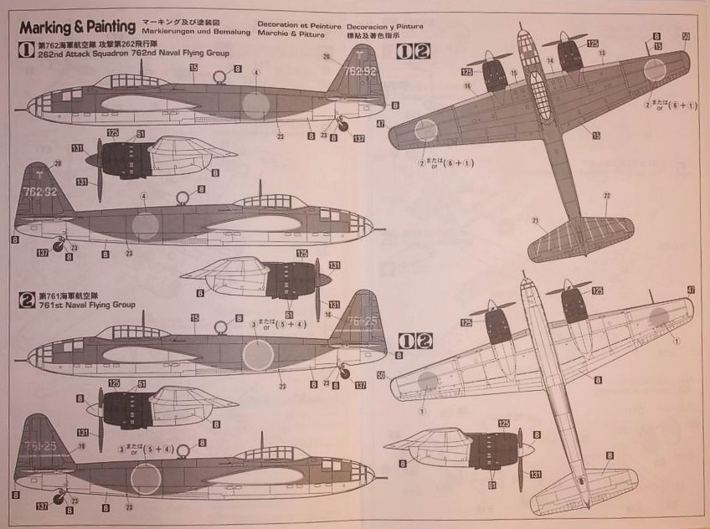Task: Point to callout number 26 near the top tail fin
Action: click(x=327, y=57)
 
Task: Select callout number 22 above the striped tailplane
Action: click(x=606, y=195)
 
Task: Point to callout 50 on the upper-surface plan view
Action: click(x=685, y=36)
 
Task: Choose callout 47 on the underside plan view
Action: click(x=691, y=290)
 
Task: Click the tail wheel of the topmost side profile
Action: click(x=343, y=126)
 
